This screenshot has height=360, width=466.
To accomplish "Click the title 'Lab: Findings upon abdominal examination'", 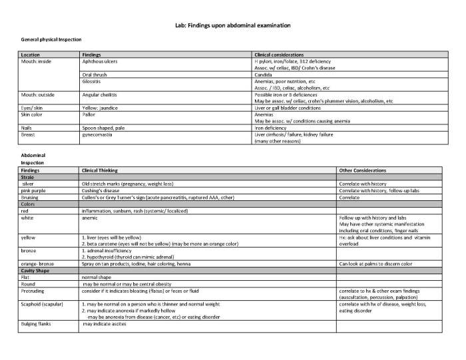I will [232, 25].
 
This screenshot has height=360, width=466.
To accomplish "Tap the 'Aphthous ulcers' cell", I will [98, 61].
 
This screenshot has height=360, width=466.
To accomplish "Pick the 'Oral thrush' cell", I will [94, 75].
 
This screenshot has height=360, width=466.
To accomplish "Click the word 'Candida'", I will [264, 75].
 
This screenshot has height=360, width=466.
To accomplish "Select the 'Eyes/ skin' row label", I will [32, 107].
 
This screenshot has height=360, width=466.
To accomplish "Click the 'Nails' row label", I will [27, 127].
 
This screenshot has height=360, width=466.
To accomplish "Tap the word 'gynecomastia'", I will [97, 134].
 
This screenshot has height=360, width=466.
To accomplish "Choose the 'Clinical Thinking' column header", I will [99, 170].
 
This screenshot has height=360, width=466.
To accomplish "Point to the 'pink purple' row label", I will [34, 190].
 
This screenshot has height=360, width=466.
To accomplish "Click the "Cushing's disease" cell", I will [101, 190].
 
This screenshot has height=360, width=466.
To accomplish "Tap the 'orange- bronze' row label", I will [38, 264].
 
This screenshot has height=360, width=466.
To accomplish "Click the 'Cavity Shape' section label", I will [35, 271].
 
